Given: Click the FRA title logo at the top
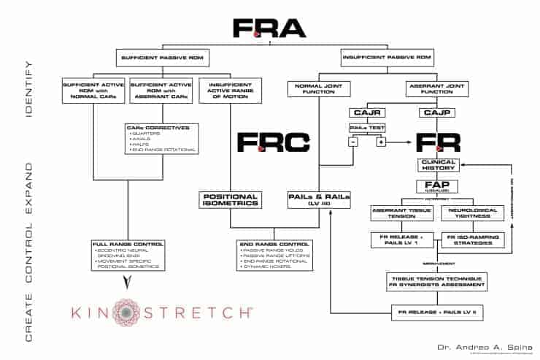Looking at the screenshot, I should coord(269,27).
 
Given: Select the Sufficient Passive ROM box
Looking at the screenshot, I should coord(158,58).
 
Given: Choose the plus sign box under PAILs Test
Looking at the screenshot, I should coord(379,141).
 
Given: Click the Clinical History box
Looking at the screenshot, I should coord(439,166).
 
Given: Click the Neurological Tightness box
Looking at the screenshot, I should coord(471,213).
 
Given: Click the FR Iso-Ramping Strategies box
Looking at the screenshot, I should coord(471,240).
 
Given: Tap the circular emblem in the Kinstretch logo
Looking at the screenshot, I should coord(128,313).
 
